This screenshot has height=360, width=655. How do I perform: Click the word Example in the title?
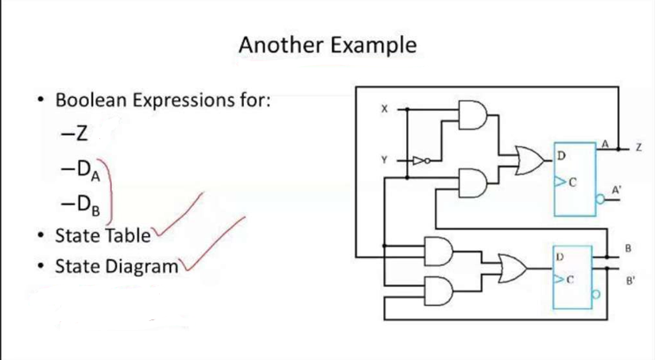(x=373, y=45)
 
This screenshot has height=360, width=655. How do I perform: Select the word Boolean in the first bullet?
(x=92, y=101)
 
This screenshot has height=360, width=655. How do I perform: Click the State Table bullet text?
(x=103, y=235)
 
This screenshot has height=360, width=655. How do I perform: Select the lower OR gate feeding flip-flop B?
(x=517, y=267)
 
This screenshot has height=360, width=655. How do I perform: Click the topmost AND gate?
(x=474, y=114)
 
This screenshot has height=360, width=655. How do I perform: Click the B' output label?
(x=630, y=281)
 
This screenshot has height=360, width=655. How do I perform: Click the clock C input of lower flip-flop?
(x=561, y=281)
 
